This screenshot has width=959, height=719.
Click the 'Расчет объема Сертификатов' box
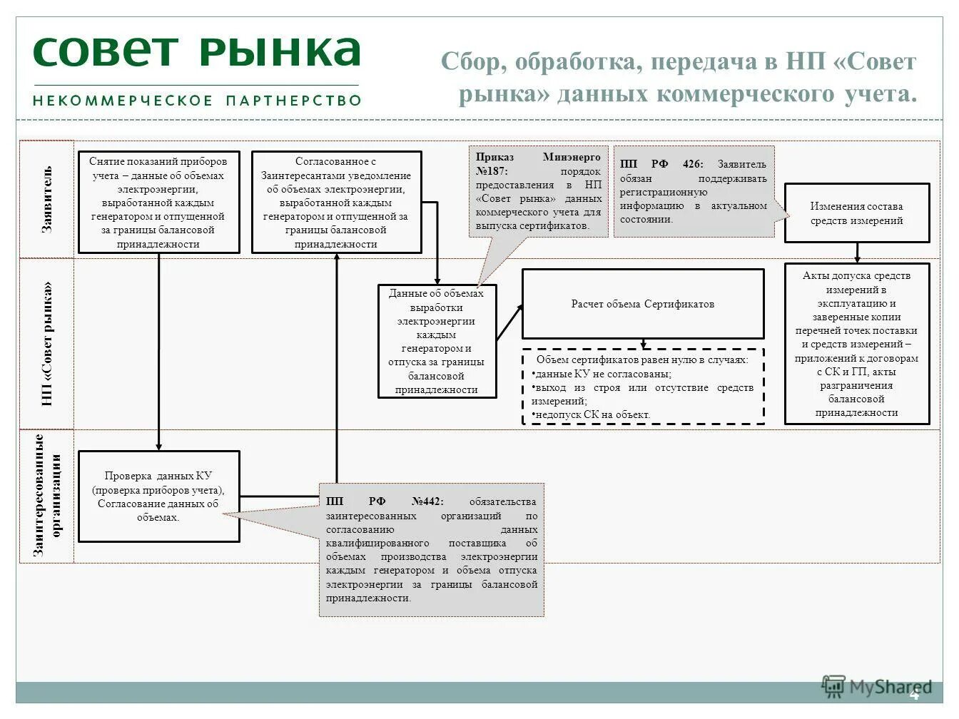(642, 304)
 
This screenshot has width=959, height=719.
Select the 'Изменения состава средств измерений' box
(856, 213)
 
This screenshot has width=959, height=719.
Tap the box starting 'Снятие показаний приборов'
(158, 202)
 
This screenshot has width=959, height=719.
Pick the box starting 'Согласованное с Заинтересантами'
(336, 202)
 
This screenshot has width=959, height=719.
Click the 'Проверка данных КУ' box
(158, 496)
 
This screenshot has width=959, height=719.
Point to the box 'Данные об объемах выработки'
(437, 341)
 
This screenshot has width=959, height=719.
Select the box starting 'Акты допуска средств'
(856, 344)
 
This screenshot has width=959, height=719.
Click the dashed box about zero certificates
(642, 387)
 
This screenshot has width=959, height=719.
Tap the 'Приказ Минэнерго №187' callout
(539, 191)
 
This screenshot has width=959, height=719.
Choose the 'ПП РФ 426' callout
(693, 191)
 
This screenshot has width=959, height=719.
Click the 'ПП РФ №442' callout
(432, 549)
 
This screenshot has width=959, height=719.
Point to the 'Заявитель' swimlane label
(47, 200)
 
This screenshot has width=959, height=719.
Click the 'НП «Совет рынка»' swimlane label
(47, 344)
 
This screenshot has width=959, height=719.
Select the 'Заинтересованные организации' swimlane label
(47, 496)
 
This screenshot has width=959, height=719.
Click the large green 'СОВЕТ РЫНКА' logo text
(196, 51)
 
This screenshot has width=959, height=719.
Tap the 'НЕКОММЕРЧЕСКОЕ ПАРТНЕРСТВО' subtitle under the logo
(197, 101)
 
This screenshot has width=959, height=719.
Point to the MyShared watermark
(878, 687)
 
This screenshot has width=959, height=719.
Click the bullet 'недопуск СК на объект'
(592, 414)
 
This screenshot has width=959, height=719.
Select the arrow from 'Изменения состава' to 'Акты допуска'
(857, 253)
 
